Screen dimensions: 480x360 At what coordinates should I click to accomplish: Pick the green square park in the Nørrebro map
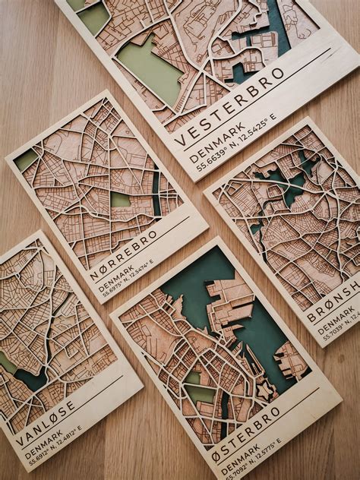click(121, 200)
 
